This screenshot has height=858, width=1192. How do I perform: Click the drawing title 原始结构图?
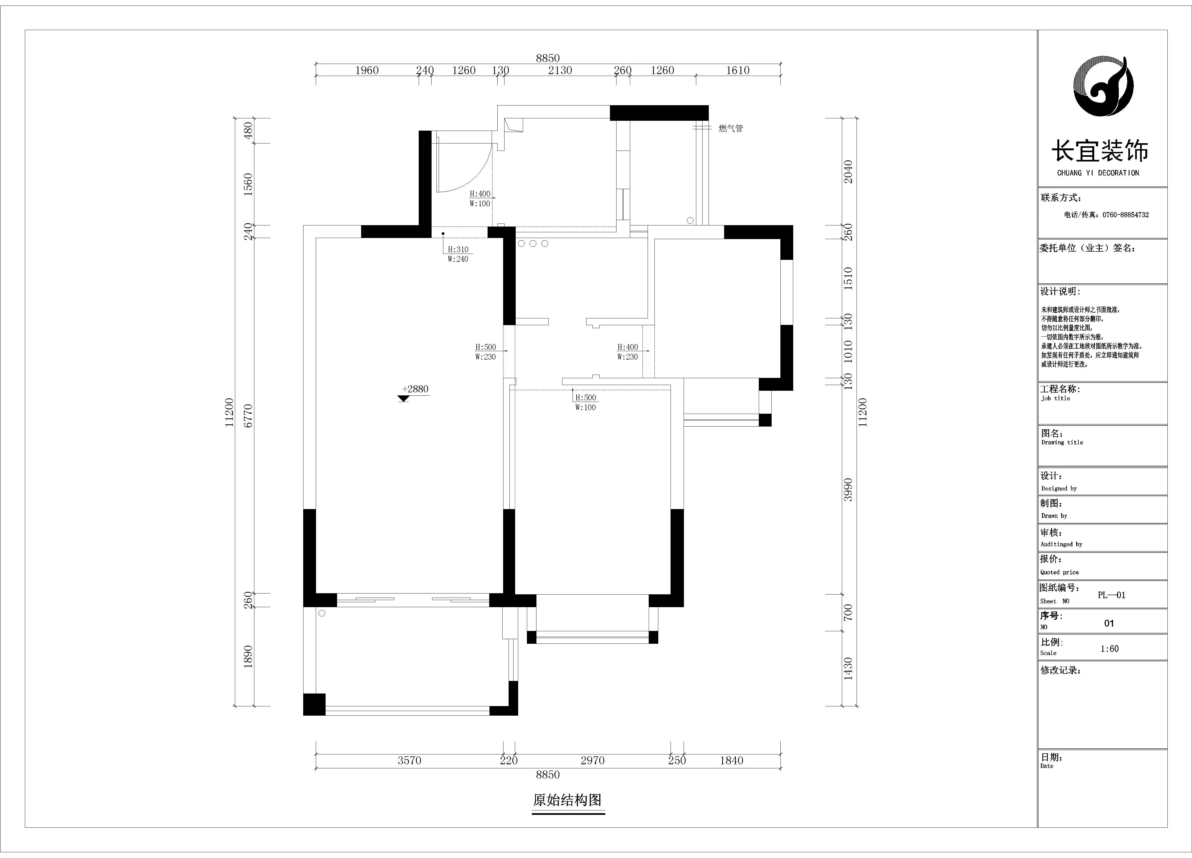(567, 800)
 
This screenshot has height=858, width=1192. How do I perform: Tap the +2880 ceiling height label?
(415, 389)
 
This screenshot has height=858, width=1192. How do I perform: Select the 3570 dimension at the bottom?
(409, 760)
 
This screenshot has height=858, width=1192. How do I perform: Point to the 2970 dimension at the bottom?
(592, 760)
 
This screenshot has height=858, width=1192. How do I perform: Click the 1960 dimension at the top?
(367, 70)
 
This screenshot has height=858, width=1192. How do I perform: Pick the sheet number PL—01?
(1112, 595)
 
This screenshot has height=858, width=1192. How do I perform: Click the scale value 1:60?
(1110, 649)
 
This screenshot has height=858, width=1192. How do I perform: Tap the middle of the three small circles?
(533, 244)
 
